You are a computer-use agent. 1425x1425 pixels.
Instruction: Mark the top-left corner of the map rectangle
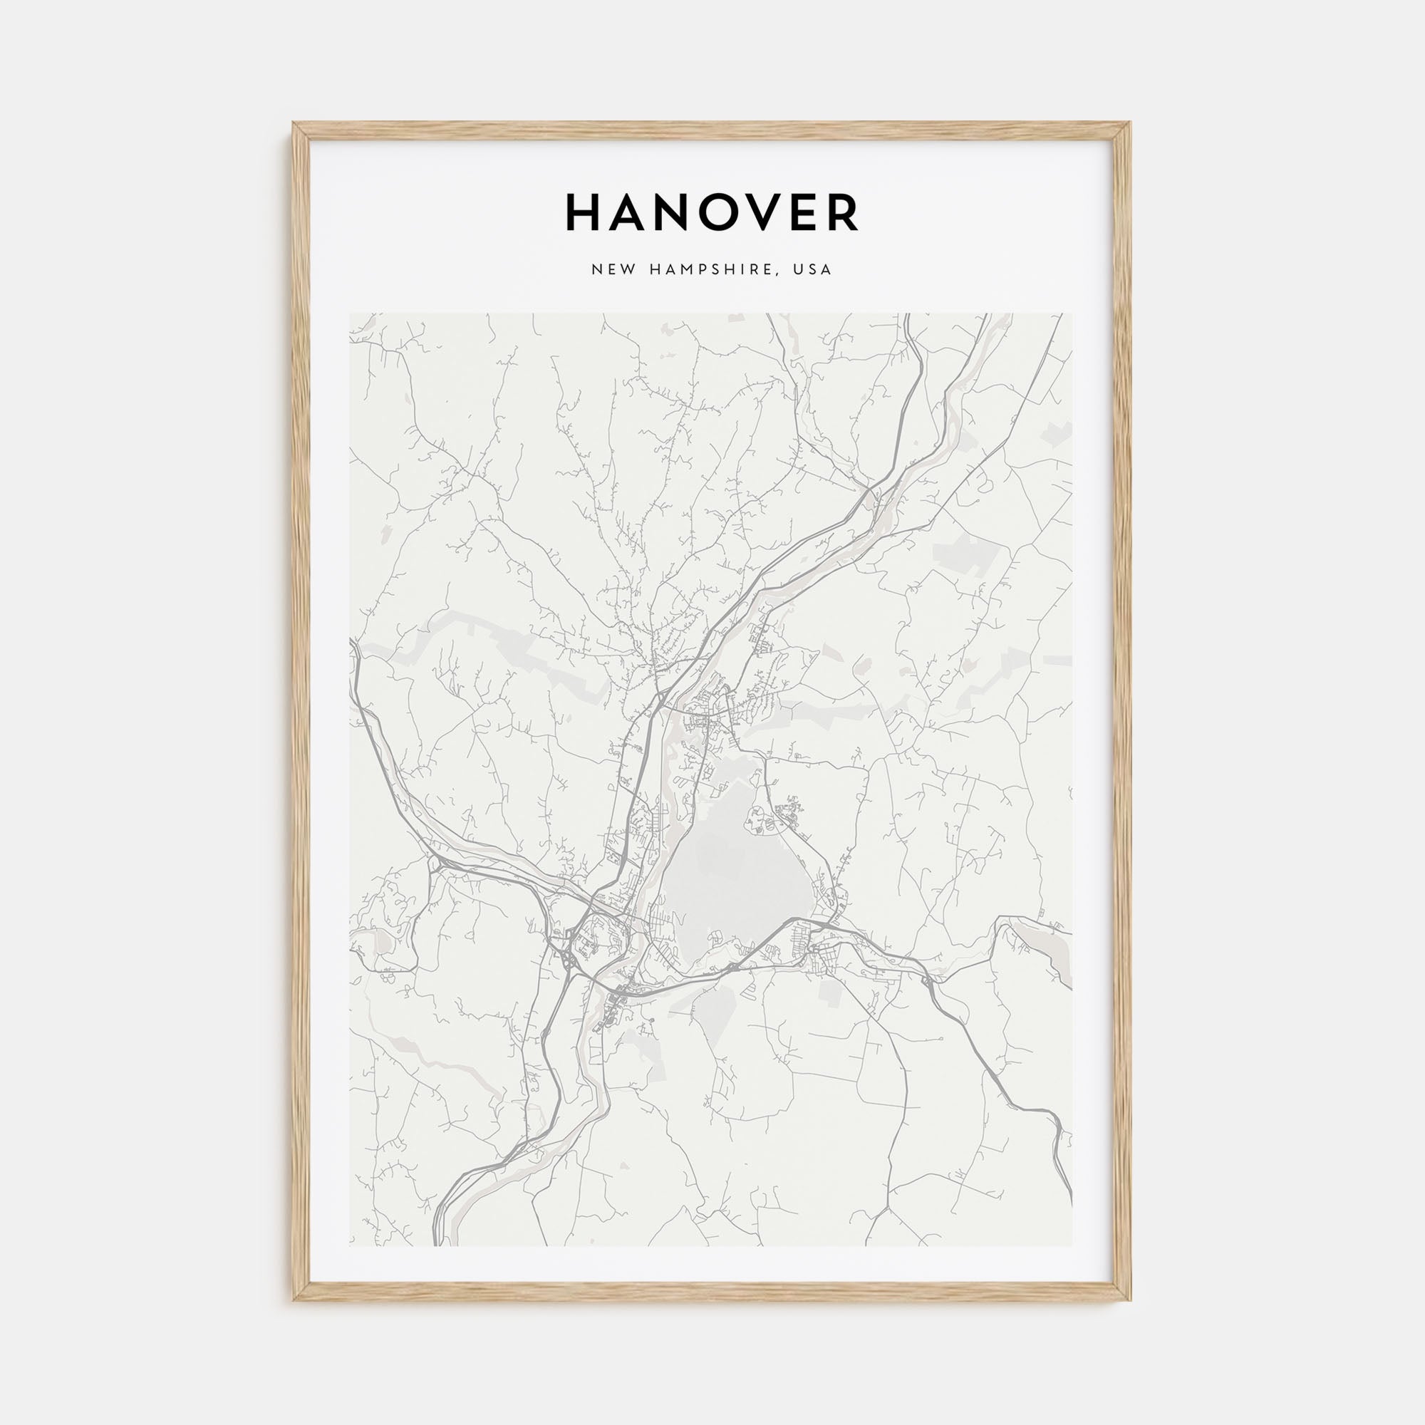pyautogui.click(x=351, y=314)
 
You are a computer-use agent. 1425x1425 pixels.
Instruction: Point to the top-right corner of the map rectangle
pyautogui.click(x=1072, y=314)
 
